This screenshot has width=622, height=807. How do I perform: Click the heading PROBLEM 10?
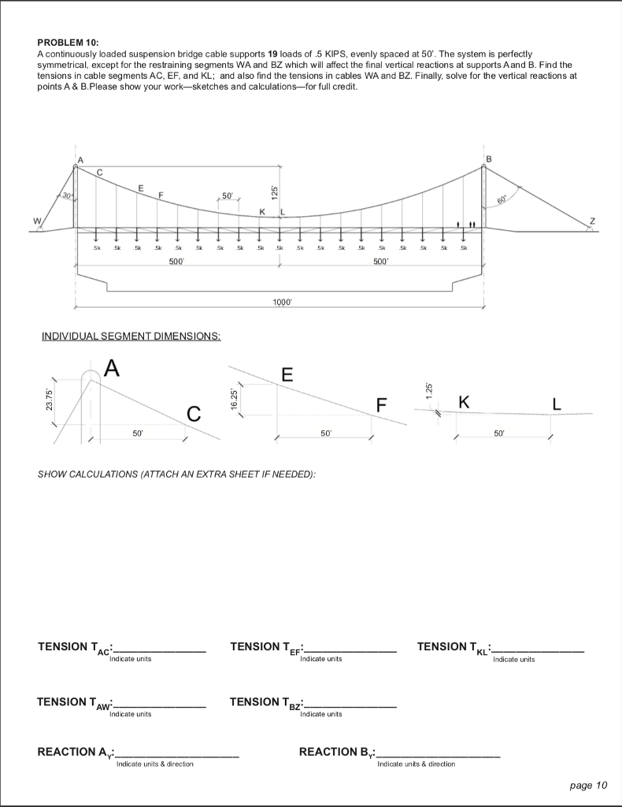68,40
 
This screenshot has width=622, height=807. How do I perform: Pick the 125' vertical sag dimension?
274,190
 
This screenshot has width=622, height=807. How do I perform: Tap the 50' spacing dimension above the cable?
227,195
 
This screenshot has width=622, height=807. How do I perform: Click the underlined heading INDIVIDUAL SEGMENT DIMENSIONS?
131,337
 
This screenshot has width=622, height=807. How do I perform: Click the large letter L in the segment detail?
557,404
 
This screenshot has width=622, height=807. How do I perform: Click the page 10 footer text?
587,784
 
